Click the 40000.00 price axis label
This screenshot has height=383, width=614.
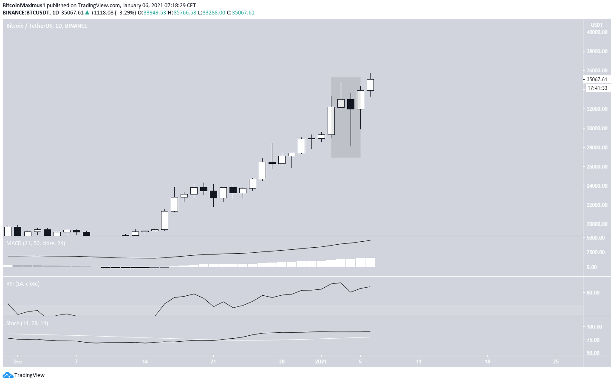[x=597, y=32]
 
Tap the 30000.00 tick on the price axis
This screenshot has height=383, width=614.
[x=597, y=129]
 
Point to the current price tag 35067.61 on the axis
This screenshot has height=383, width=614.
[x=597, y=80]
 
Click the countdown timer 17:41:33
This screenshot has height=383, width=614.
[x=597, y=88]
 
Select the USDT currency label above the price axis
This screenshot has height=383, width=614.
[x=597, y=25]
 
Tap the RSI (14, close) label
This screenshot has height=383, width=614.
[x=23, y=284]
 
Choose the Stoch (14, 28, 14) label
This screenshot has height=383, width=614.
[x=27, y=323]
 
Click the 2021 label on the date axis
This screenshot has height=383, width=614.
[x=321, y=362]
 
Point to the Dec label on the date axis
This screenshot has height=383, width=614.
[x=17, y=362]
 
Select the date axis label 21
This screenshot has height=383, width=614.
[x=213, y=362]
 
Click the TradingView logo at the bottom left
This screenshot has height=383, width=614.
[x=24, y=375]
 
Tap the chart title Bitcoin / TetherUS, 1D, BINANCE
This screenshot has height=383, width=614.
[x=47, y=26]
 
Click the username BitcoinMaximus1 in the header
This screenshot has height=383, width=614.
[x=24, y=6]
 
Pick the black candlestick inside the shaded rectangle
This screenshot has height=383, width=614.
[x=351, y=104]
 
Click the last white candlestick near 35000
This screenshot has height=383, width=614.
[x=370, y=85]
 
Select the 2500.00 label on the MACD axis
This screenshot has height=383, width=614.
[x=595, y=252]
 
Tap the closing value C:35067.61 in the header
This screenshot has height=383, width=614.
[x=241, y=13]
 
